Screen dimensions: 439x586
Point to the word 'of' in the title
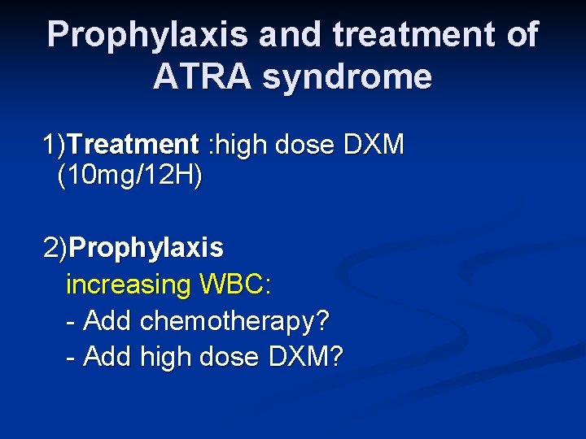[x=519, y=35]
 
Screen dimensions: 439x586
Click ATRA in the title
[x=204, y=77]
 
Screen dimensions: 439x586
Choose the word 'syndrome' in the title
[x=348, y=77]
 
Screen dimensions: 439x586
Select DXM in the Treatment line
[x=374, y=146]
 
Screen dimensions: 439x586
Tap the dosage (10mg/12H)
[x=130, y=176]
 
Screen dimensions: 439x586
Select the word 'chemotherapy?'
[x=235, y=321]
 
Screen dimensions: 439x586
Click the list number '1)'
[x=55, y=146]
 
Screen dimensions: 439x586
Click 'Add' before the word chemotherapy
[x=108, y=321]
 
